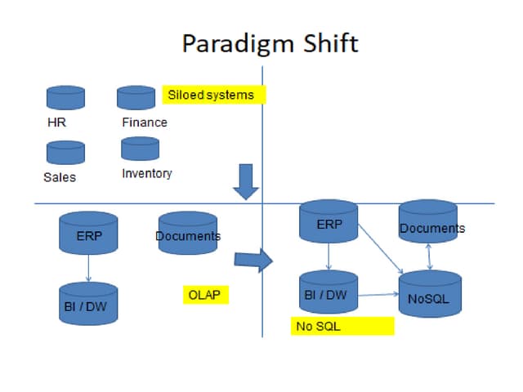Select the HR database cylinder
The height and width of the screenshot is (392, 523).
[x=65, y=98]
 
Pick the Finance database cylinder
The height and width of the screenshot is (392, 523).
[x=136, y=97]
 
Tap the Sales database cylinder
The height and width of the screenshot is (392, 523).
[x=65, y=152]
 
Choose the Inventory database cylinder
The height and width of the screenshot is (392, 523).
[x=140, y=148]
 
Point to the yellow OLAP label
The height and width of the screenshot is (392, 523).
[x=204, y=295]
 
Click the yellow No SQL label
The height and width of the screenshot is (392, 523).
[x=343, y=327]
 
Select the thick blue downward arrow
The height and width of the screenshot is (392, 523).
[x=245, y=181]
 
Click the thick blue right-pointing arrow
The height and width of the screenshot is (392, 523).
[x=253, y=260]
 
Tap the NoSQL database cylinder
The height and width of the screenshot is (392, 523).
[x=430, y=294]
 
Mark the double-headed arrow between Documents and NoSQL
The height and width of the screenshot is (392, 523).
[x=430, y=256]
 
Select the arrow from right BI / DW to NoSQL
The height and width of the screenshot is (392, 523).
[x=378, y=295]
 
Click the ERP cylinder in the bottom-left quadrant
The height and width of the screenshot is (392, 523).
[x=88, y=232]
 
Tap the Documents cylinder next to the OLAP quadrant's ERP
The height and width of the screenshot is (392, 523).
[x=188, y=232]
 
